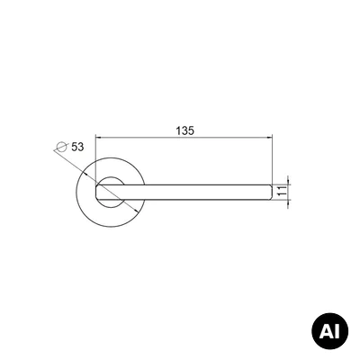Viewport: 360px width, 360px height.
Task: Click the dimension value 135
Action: click(x=185, y=130)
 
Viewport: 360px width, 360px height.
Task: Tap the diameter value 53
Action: click(x=77, y=147)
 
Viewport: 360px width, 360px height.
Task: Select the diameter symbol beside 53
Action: click(x=61, y=147)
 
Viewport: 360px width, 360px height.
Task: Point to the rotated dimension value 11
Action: click(x=282, y=191)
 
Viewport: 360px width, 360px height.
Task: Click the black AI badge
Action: click(x=329, y=331)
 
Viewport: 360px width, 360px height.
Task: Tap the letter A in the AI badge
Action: click(x=326, y=331)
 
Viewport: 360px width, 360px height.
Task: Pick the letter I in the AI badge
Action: click(x=337, y=331)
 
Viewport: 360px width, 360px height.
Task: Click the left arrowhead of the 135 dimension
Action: click(x=98, y=138)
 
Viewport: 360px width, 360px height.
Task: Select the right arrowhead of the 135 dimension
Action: click(x=269, y=138)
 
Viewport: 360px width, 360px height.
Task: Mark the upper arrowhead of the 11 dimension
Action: click(x=288, y=182)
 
